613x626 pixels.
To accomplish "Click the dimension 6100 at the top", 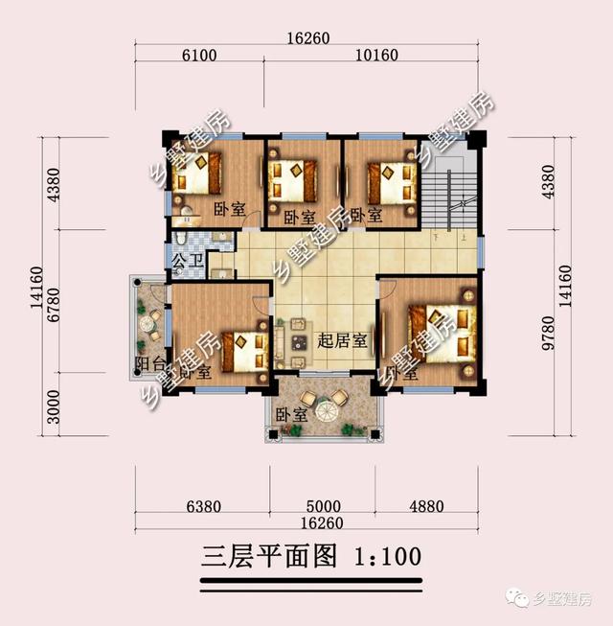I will point(198,55).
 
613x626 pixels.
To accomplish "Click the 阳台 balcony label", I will point(148,366).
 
